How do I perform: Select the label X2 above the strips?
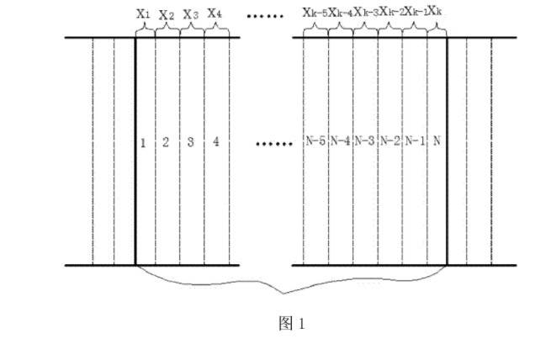(167, 15)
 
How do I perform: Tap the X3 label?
(191, 14)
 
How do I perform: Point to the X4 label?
(215, 13)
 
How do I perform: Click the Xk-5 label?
(315, 13)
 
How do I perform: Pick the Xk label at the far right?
(436, 13)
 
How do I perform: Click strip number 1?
(143, 141)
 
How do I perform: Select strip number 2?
(166, 141)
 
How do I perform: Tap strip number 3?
(191, 141)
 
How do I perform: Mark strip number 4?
(216, 141)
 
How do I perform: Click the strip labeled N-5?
(315, 141)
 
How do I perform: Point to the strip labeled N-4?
(341, 141)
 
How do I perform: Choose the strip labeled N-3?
(365, 141)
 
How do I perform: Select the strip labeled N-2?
(389, 141)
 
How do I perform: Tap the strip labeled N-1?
(414, 141)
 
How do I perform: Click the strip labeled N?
(436, 141)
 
